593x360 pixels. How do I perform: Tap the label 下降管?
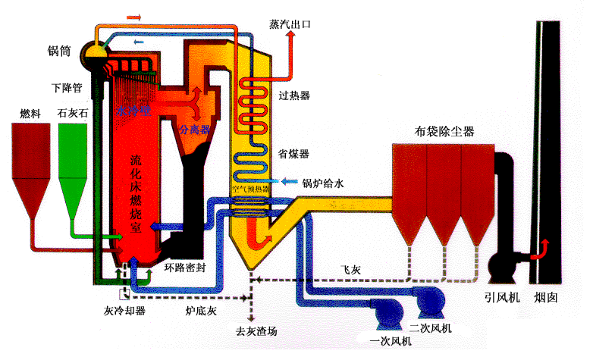tap(67, 86)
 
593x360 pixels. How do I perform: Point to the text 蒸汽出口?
tap(290, 24)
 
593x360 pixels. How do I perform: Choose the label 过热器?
tap(294, 95)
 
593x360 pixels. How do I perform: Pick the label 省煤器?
tap(294, 154)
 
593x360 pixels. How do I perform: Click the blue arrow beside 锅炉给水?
tap(288, 182)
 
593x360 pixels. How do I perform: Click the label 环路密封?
tap(185, 268)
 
